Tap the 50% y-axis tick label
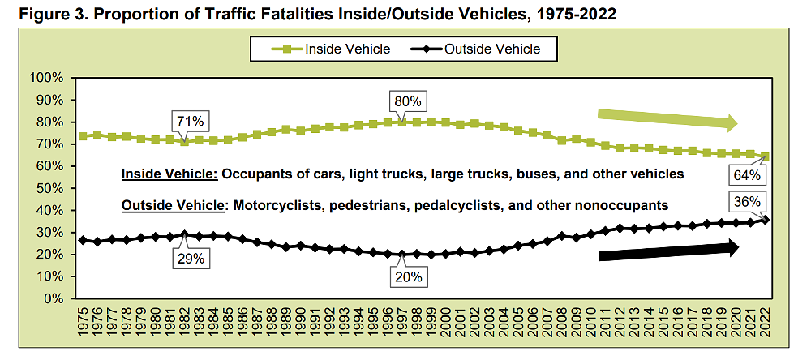coord(49,188)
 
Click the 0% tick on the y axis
coord(52,298)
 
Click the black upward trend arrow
coord(669,252)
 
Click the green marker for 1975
coord(83,135)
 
